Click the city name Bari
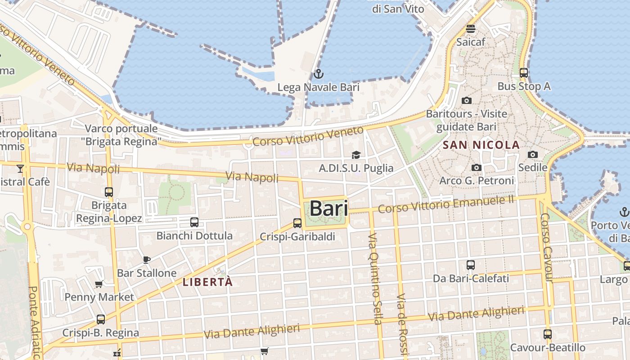328,208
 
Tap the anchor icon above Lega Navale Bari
319,74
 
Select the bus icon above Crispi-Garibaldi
297,223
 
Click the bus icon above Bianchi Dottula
194,222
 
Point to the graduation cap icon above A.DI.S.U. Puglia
356,155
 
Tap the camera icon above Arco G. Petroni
476,168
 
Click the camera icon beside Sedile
533,155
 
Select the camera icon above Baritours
467,100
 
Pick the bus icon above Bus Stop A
524,72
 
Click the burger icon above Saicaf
471,29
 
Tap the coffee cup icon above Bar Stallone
146,259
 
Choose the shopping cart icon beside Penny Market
99,284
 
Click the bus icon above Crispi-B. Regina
101,319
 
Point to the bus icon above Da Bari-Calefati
471,265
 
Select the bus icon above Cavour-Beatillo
547,334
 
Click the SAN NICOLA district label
481,145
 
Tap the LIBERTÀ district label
208,282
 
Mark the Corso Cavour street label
546,247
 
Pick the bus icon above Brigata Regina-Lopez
109,192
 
